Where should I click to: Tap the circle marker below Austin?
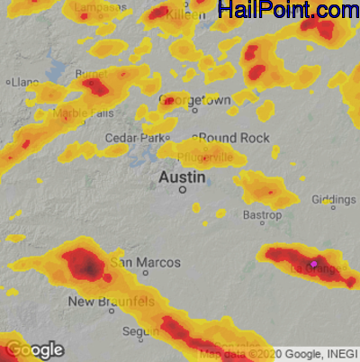pos(182,190)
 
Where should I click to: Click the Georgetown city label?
pos(194,99)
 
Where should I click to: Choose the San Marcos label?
pos(147,262)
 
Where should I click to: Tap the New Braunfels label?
pos(112,301)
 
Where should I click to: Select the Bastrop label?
pos(263,216)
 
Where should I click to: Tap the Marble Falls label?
pos(84,113)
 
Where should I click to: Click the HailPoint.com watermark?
pos(288,11)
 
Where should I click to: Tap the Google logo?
pos(34,349)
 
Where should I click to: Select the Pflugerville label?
pos(205,157)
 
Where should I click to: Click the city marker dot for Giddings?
pos(333,207)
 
